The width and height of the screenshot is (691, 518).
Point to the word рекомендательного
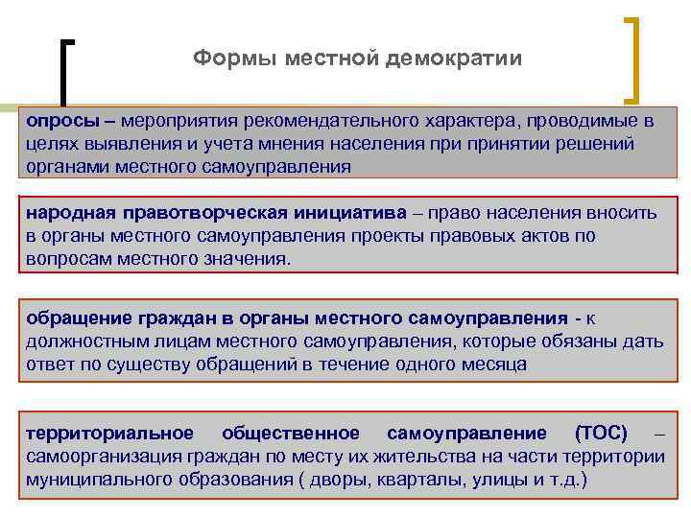coord(322,122)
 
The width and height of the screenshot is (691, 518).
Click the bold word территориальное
coord(109,433)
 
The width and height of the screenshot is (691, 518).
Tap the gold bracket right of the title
coord(633,58)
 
